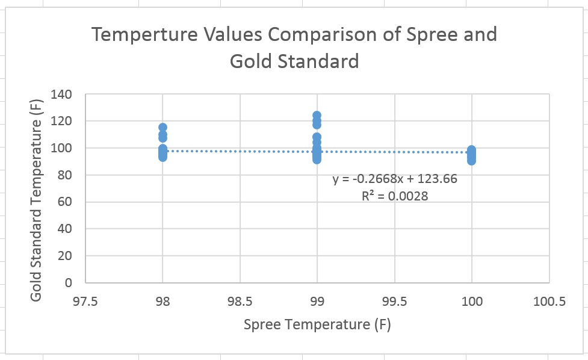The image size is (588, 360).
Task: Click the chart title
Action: click(294, 47)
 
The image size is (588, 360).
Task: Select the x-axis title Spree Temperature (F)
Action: click(317, 325)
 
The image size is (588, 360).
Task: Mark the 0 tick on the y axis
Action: click(69, 282)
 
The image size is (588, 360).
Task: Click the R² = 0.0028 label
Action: click(395, 196)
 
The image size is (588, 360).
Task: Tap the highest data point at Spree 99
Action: click(317, 115)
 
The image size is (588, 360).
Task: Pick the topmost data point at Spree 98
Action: click(162, 128)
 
